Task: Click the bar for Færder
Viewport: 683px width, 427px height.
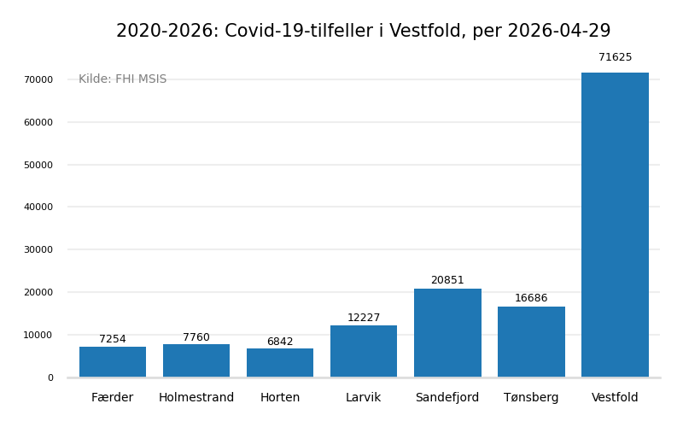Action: [x=113, y=362]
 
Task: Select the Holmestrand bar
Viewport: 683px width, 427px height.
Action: [x=196, y=360]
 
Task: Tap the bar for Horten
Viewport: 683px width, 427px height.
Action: [x=280, y=363]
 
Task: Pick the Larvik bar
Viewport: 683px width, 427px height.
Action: [x=364, y=351]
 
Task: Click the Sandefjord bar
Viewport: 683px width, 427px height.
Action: [x=447, y=333]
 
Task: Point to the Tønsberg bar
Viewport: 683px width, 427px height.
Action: [x=531, y=342]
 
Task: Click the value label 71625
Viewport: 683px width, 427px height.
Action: [x=615, y=58]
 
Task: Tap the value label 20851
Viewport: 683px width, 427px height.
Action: [x=447, y=280]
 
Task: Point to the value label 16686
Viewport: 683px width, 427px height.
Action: [x=531, y=298]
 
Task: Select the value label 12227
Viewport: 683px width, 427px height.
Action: [x=364, y=318]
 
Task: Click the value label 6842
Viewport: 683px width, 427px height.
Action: [x=280, y=342]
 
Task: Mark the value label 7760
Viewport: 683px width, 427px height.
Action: [x=196, y=337]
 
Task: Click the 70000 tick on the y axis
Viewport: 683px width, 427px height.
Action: [x=38, y=79]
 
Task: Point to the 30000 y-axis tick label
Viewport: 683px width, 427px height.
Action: [x=38, y=249]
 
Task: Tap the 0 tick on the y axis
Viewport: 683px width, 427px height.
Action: [x=50, y=377]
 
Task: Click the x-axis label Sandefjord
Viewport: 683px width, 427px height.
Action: [x=447, y=398]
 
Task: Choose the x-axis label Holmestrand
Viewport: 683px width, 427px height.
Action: [x=196, y=398]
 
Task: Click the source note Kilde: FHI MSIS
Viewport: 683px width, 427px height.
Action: [x=123, y=79]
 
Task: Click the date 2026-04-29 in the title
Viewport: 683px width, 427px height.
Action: [x=558, y=32]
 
